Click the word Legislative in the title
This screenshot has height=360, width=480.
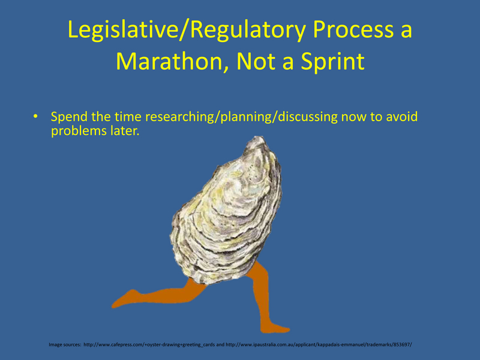[x=123, y=29]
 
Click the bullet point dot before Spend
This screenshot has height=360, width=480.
[x=36, y=116]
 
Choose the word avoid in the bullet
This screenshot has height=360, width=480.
[x=401, y=116]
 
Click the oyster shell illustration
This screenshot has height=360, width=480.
[x=226, y=211]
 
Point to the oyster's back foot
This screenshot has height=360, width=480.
[x=124, y=299]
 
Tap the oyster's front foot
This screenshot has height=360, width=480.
[x=275, y=328]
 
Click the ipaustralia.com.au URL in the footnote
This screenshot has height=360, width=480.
[x=319, y=344]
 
